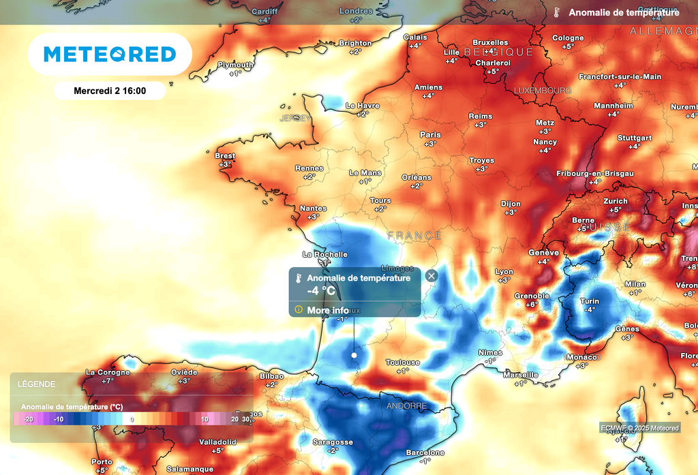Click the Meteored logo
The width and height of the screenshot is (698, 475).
click(x=110, y=54)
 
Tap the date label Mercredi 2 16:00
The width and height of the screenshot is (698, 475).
click(x=110, y=90)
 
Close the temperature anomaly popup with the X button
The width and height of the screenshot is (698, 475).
click(x=431, y=276)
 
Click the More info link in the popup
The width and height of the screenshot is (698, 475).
click(x=328, y=310)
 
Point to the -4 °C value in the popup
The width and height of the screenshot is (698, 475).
click(x=321, y=291)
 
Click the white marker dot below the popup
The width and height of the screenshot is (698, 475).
click(x=354, y=355)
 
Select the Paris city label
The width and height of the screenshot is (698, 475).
click(x=430, y=135)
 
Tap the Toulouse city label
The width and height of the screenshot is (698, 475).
click(x=403, y=363)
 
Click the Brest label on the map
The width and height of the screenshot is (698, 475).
click(x=225, y=156)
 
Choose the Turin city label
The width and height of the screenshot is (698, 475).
click(x=589, y=301)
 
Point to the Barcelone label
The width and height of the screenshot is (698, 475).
click(x=425, y=453)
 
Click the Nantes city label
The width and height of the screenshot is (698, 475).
click(x=314, y=209)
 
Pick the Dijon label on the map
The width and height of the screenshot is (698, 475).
click(x=511, y=204)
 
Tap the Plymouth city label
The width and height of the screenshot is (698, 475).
click(x=235, y=65)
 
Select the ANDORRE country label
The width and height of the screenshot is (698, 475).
click(x=406, y=406)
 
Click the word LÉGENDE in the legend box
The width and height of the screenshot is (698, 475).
click(x=37, y=384)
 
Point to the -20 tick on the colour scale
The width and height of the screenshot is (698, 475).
click(x=28, y=419)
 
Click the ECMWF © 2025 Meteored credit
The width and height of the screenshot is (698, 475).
click(x=639, y=428)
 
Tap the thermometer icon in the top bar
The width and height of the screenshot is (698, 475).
click(x=557, y=13)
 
